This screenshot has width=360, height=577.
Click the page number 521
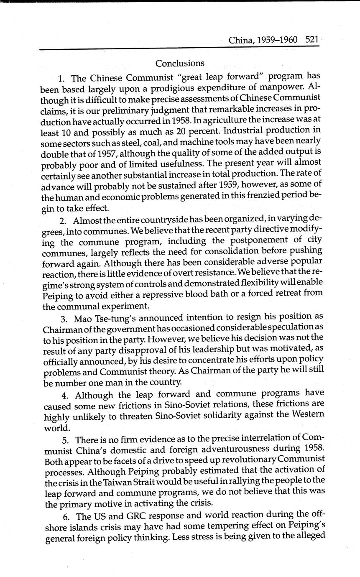click(312, 40)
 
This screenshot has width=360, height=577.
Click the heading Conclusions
click(180, 63)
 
